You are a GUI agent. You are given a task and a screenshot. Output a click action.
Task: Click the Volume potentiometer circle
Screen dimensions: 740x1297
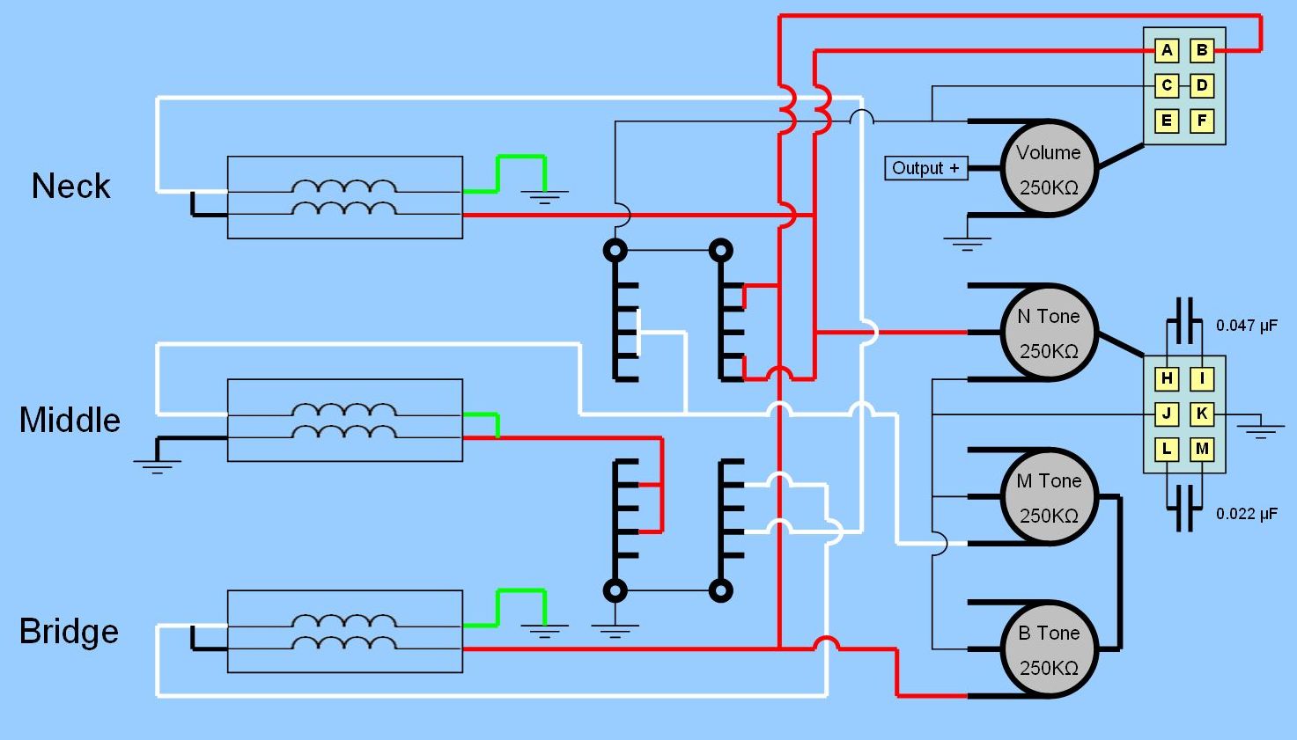pyautogui.click(x=1048, y=168)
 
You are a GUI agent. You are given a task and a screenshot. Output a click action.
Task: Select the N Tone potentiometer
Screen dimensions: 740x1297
pyautogui.click(x=1048, y=333)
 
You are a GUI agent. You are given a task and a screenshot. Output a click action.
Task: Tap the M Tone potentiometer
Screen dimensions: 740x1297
pyautogui.click(x=1048, y=497)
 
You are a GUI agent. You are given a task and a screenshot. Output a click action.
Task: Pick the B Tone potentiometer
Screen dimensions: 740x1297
pyautogui.click(x=1048, y=649)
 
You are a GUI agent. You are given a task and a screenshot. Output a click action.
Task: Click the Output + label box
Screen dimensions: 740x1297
pyautogui.click(x=925, y=168)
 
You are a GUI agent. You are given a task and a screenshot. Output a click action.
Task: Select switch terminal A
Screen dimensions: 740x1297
pyautogui.click(x=1167, y=50)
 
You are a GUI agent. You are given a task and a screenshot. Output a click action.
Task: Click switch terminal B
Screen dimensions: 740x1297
pyautogui.click(x=1202, y=50)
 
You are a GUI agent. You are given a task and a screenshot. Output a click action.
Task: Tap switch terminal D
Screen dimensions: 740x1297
pyautogui.click(x=1202, y=85)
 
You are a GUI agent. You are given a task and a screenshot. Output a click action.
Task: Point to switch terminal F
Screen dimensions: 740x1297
pyautogui.click(x=1202, y=121)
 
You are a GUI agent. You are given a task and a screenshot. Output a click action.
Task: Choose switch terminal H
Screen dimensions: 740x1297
pyautogui.click(x=1167, y=379)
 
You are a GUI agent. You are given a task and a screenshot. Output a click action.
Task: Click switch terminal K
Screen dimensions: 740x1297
pyautogui.click(x=1202, y=414)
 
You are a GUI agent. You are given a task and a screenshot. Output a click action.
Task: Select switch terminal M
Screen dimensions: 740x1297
pyautogui.click(x=1202, y=449)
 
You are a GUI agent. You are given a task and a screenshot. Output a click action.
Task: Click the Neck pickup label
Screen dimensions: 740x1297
pyautogui.click(x=70, y=187)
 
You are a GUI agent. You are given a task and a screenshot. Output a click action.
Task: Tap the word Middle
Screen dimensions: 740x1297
pyautogui.click(x=70, y=420)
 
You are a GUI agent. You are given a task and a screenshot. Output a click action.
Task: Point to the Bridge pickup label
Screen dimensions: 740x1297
pyautogui.click(x=69, y=632)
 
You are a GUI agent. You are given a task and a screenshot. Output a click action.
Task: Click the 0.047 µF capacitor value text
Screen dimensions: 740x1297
pyautogui.click(x=1246, y=326)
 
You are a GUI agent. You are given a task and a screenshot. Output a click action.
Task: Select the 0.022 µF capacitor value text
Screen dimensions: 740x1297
pyautogui.click(x=1246, y=514)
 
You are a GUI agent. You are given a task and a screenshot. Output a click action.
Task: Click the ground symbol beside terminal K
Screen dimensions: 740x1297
pyautogui.click(x=1260, y=430)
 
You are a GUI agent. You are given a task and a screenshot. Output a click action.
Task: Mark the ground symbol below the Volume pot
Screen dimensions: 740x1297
pyautogui.click(x=967, y=243)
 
